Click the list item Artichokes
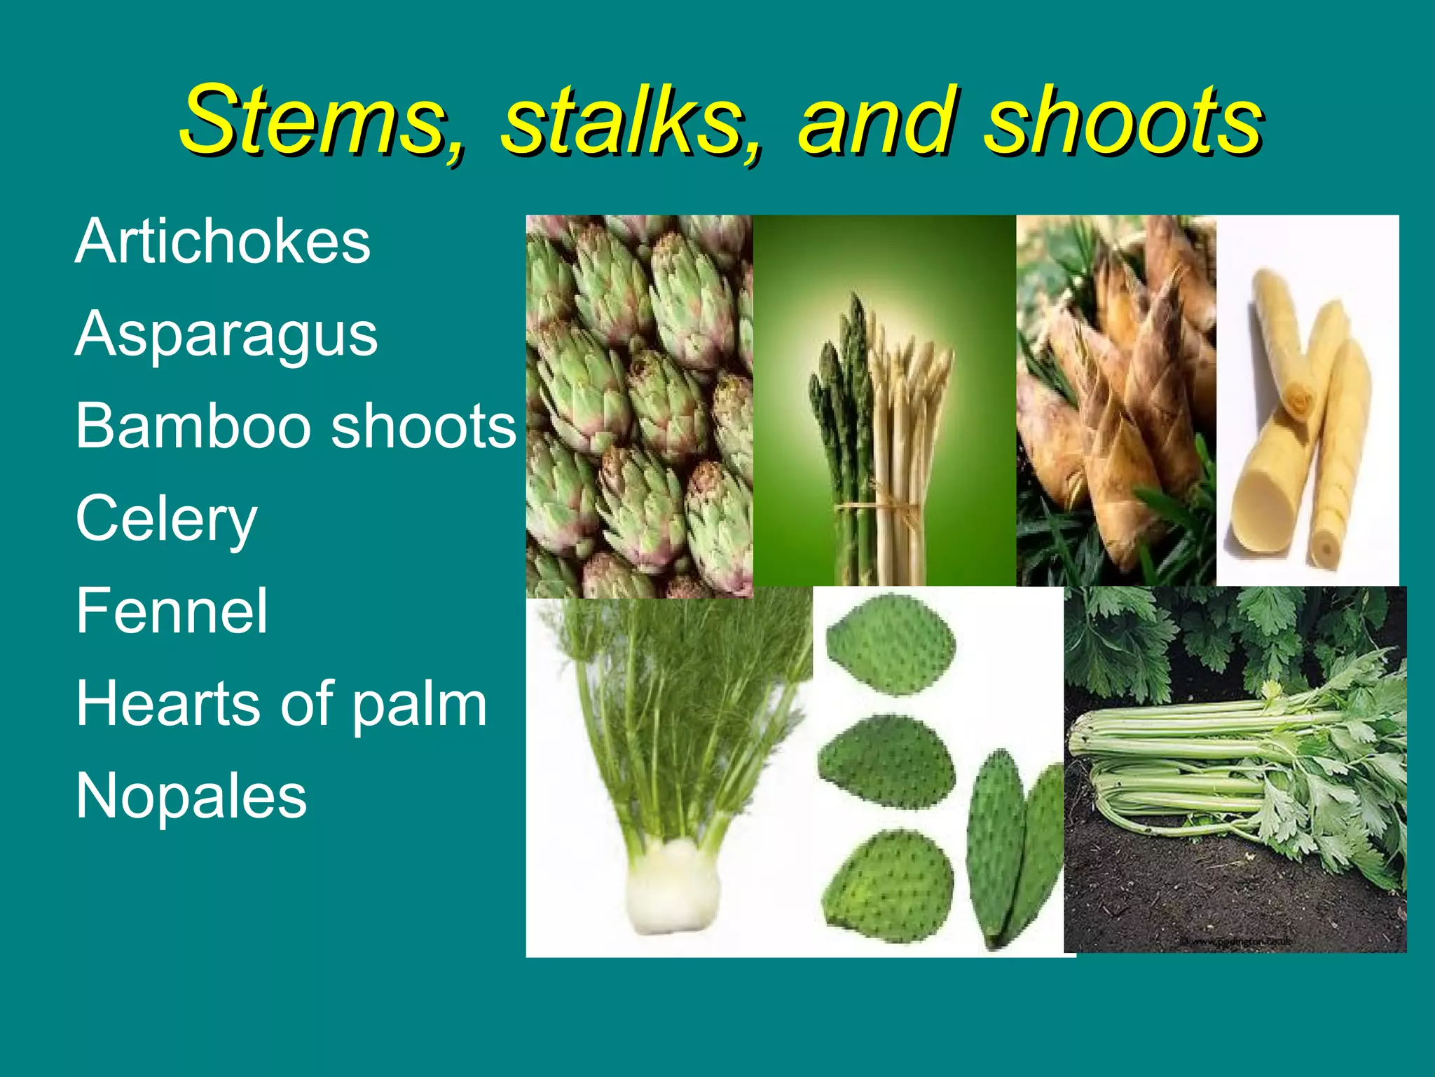click(223, 241)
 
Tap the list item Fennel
click(172, 611)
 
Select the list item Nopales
click(191, 797)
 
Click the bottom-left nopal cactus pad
click(888, 885)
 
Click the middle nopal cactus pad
click(886, 762)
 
